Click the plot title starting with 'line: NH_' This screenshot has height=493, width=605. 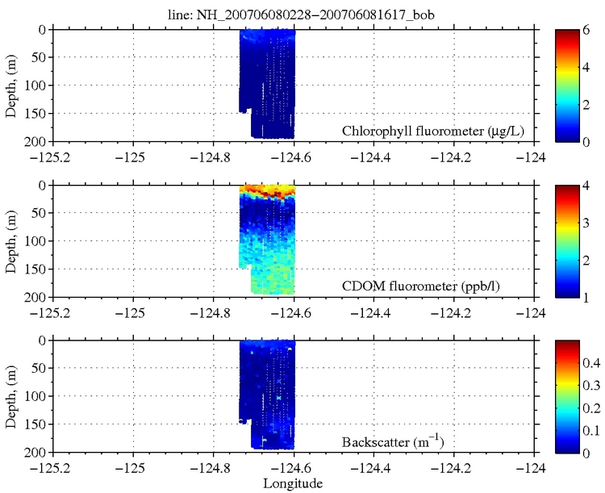[294, 11]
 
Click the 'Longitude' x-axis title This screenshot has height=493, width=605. [294, 484]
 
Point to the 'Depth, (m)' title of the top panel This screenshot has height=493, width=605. [11, 86]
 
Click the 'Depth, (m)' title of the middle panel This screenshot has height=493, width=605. [11, 241]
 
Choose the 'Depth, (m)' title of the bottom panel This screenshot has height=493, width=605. [11, 397]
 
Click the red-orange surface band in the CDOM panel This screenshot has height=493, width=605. [268, 191]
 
